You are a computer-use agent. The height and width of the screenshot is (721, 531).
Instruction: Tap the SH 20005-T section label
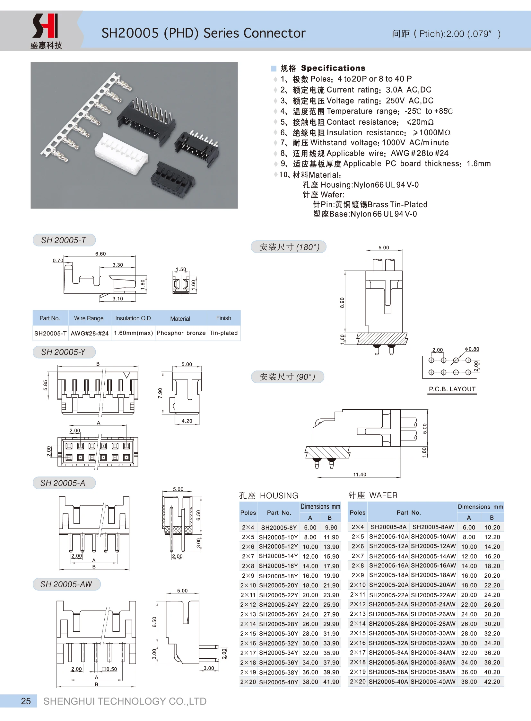(64, 240)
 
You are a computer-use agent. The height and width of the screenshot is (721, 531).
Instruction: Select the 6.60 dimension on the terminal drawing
(100, 254)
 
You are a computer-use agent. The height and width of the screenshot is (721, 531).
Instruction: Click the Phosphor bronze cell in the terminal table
(181, 333)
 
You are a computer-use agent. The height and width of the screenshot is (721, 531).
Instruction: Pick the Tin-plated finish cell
(223, 333)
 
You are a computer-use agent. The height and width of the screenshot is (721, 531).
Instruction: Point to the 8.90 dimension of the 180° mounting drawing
(342, 302)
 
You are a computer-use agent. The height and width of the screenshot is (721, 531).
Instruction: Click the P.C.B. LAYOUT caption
(452, 389)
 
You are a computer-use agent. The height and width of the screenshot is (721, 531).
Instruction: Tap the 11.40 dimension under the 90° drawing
(359, 474)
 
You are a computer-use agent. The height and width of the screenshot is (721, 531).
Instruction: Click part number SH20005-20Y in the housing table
(278, 585)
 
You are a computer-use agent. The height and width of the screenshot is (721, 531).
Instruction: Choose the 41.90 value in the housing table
(331, 682)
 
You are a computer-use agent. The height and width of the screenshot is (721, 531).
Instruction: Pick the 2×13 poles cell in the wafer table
(357, 614)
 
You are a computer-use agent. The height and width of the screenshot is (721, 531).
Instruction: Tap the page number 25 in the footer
(26, 701)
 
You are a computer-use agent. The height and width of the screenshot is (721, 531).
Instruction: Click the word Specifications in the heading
(333, 68)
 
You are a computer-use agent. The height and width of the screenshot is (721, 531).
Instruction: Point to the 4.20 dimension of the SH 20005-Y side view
(187, 421)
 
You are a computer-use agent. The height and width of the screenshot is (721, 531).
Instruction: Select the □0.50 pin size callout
(109, 669)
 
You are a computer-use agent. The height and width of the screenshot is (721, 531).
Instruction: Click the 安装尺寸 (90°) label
(287, 377)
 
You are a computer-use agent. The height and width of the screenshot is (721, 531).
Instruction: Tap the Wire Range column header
(89, 318)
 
